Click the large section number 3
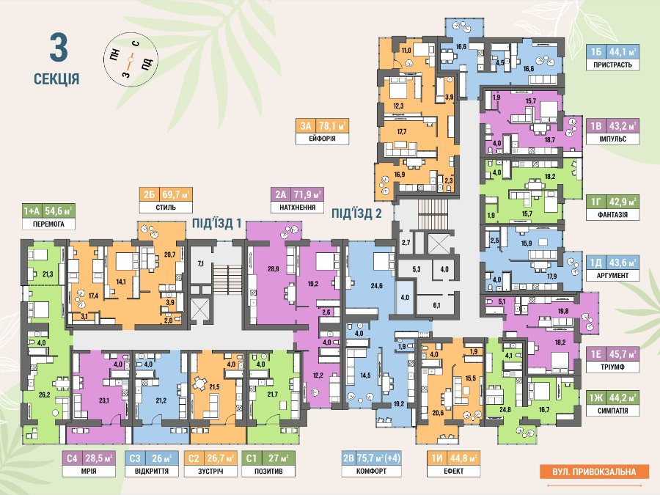59,48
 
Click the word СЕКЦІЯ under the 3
56,78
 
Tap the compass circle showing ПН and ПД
131,60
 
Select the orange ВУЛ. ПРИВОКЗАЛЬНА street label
594,472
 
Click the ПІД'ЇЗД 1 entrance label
217,223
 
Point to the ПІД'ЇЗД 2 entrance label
356,213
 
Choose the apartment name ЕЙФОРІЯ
322,139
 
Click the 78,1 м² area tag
332,125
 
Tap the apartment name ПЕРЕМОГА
48,224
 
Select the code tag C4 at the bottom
72,458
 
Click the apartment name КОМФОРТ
371,471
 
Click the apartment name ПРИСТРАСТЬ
612,65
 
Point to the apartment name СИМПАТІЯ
612,411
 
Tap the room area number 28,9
274,268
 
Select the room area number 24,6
377,286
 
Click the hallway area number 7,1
200,264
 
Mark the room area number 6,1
436,305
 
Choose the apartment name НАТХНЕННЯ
298,207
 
